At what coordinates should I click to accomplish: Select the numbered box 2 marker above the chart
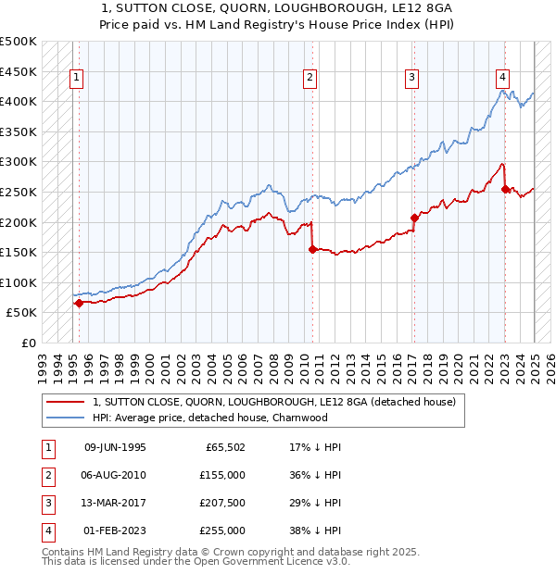(310, 78)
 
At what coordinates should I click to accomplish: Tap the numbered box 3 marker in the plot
(411, 78)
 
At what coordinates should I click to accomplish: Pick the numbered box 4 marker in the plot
(501, 78)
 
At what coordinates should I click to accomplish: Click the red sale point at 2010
(312, 249)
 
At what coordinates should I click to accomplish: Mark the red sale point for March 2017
(414, 218)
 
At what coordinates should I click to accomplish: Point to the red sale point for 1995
(79, 303)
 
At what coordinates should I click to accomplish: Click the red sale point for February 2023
(505, 189)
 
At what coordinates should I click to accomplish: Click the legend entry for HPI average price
(210, 418)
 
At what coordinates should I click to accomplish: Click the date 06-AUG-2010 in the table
(115, 474)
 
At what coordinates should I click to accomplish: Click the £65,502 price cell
(224, 446)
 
